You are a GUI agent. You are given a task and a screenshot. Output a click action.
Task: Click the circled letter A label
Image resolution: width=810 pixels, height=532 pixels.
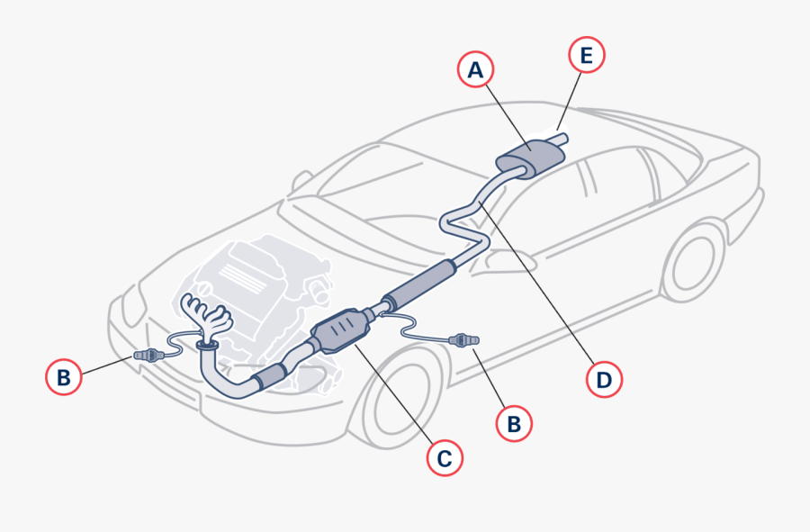[475, 68]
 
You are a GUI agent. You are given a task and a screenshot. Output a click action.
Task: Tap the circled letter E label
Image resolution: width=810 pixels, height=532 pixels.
[587, 56]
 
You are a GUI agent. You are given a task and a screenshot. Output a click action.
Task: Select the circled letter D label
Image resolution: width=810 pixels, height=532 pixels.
[604, 379]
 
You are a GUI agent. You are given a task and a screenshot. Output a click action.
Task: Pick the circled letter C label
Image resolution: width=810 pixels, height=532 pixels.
[444, 458]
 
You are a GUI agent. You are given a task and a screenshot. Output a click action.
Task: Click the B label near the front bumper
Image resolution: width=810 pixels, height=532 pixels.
[63, 377]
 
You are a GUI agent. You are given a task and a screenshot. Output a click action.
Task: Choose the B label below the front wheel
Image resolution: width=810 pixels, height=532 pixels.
[514, 423]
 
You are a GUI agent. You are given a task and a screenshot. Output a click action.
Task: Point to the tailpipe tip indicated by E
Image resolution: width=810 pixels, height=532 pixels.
[560, 139]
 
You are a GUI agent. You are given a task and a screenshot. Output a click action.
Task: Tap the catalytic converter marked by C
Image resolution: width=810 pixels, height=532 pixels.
[339, 333]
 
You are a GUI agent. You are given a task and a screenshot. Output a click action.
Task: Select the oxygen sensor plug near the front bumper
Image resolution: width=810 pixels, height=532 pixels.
[149, 356]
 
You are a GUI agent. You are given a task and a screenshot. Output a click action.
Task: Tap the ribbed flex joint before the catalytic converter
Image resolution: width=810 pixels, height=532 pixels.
[271, 378]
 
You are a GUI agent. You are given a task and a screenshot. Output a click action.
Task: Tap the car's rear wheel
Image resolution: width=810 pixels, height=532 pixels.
[693, 261]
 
